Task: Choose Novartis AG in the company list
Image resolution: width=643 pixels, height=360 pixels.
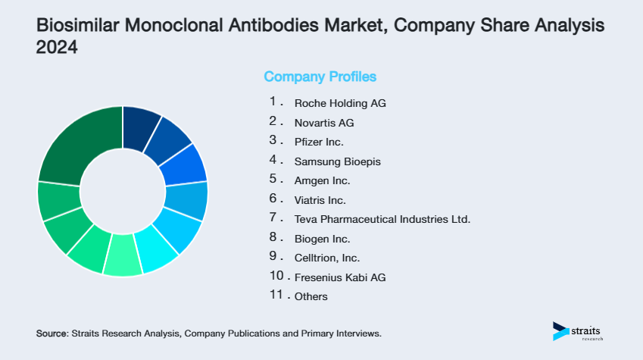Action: pos(324,122)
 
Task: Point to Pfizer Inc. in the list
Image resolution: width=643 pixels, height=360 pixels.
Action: pos(319,142)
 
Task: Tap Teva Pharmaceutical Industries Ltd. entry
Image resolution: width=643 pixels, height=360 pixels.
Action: pos(382,219)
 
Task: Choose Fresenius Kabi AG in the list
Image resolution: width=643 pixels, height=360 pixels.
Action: pos(340,277)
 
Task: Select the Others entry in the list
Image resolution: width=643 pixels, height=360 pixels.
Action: pos(311,296)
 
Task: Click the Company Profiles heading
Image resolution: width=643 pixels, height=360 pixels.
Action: pos(320,77)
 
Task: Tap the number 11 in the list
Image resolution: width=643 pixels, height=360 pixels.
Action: pos(276,296)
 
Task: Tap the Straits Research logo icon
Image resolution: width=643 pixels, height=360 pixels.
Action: pos(560,330)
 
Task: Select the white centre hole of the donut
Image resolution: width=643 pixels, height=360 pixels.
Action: pos(123,191)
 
